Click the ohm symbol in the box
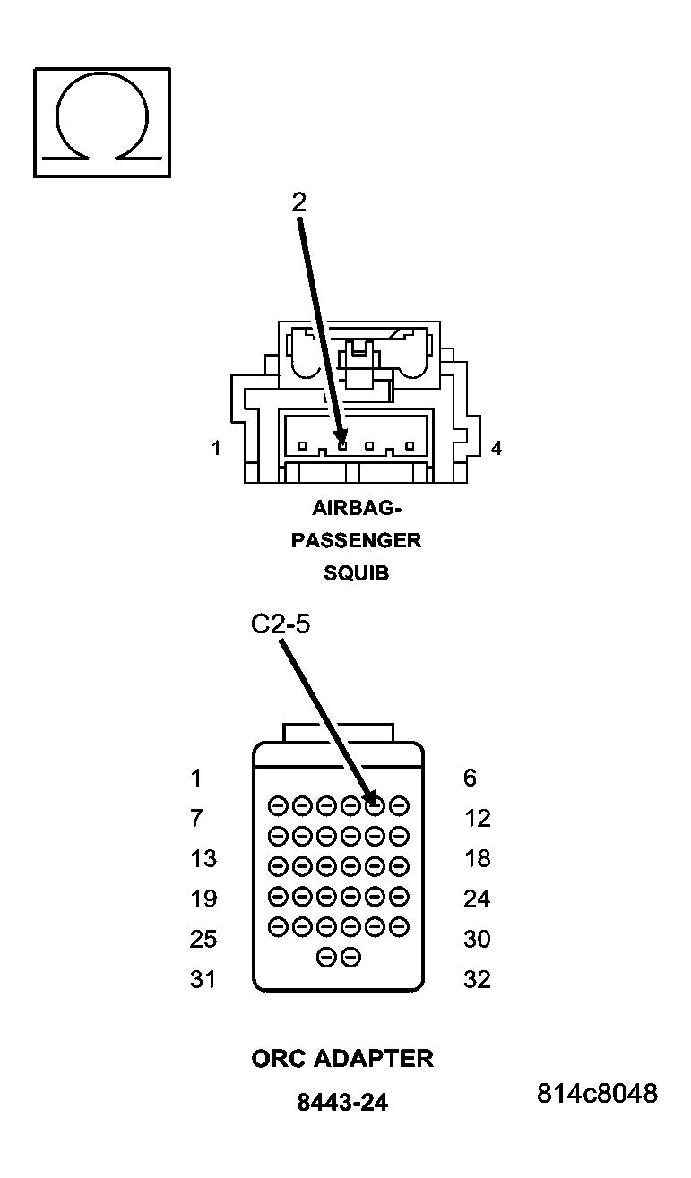(x=101, y=123)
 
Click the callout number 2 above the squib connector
(x=298, y=202)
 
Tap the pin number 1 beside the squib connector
(x=216, y=448)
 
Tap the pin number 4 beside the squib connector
(x=496, y=448)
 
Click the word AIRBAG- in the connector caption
(x=357, y=509)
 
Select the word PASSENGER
(x=356, y=541)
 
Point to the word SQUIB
(x=356, y=573)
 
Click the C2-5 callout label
(x=280, y=624)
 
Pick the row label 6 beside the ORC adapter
(x=470, y=778)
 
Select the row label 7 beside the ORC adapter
(x=196, y=818)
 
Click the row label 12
(x=477, y=818)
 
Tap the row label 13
(x=203, y=858)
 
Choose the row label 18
(x=477, y=858)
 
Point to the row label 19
(x=203, y=899)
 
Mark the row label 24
(x=477, y=899)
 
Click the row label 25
(x=203, y=939)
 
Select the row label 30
(x=477, y=939)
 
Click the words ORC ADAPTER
(x=342, y=1059)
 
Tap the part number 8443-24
(x=342, y=1103)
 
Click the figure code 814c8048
(x=597, y=1094)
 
